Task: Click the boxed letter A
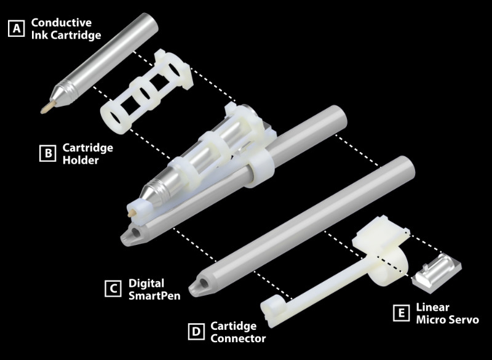click(17, 28)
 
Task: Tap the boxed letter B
click(48, 153)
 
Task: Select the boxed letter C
click(113, 289)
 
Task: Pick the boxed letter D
click(196, 332)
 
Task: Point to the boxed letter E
click(402, 313)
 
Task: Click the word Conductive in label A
click(61, 23)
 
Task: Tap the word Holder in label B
click(81, 160)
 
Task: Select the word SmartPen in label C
click(154, 295)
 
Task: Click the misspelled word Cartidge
click(234, 326)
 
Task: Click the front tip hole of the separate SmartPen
click(203, 283)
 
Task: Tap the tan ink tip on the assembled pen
click(132, 213)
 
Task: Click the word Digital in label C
click(146, 284)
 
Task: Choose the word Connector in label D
click(238, 338)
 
